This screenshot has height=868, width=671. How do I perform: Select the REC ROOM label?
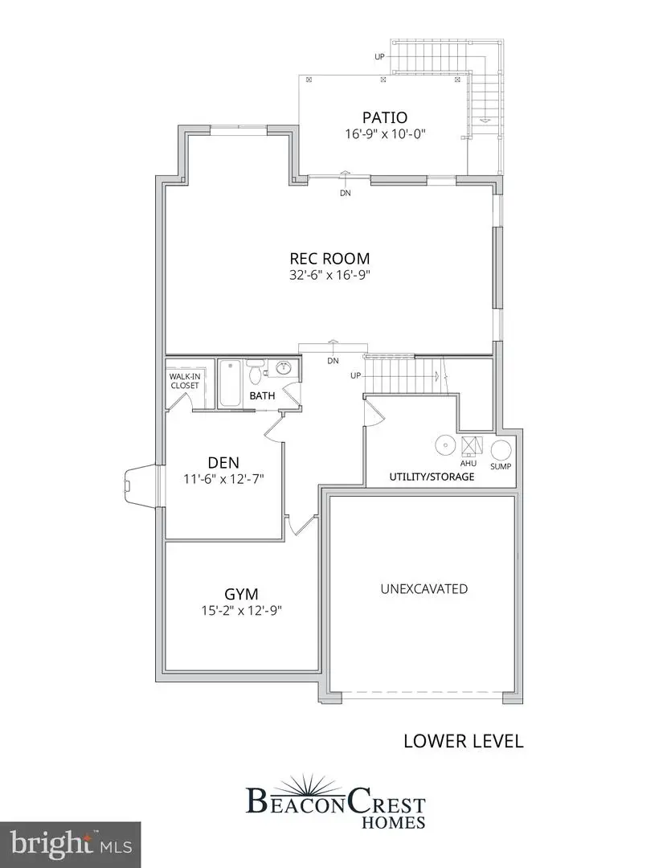(330, 259)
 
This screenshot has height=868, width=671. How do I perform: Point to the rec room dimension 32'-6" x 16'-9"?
(330, 275)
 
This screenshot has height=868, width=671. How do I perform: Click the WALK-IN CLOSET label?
(182, 380)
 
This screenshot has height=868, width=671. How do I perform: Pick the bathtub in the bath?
(230, 384)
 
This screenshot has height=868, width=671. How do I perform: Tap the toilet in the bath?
(255, 373)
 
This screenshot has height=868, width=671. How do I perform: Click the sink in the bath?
(284, 369)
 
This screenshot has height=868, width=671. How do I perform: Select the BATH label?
(262, 396)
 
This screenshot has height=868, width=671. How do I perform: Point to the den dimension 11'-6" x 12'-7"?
(223, 478)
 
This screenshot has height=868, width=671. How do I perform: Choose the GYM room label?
(241, 595)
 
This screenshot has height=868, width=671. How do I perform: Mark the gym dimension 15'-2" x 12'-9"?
(241, 611)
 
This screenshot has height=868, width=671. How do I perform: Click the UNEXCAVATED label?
(424, 589)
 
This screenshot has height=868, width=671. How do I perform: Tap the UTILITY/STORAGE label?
(432, 477)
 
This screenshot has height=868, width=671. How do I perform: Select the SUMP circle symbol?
(501, 451)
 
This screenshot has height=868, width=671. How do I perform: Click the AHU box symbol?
(470, 446)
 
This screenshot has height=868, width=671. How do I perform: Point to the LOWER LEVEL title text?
(463, 741)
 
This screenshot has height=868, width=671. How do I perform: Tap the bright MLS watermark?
(71, 844)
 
